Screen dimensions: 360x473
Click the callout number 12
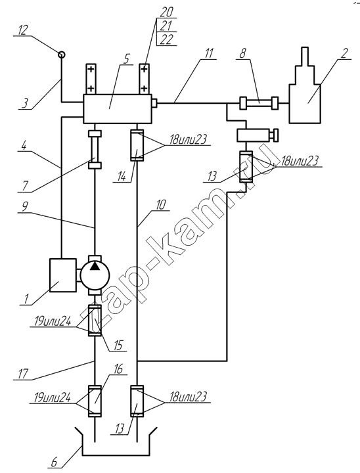(22, 30)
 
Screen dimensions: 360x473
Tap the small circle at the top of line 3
(62, 55)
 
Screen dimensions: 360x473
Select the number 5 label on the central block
(126, 58)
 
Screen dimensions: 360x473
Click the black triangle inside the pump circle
(95, 266)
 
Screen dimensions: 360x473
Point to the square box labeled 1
(62, 275)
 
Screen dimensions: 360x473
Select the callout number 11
(208, 54)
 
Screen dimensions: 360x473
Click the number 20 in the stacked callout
(167, 12)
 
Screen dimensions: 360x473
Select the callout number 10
(160, 205)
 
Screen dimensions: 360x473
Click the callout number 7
(25, 187)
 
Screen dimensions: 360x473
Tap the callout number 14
(122, 177)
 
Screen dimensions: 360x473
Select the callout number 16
(119, 369)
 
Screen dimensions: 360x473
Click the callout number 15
(118, 346)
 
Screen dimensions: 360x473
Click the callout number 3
(25, 103)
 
